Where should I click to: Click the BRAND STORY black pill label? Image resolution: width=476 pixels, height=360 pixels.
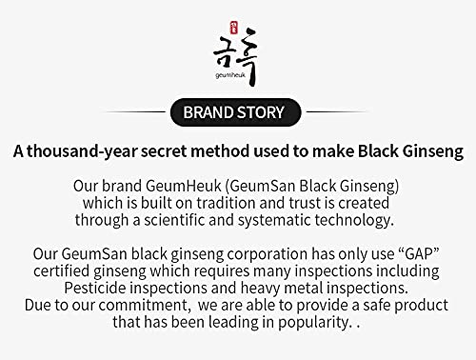click(x=233, y=112)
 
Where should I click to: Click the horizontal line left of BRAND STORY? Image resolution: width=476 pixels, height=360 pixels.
click(x=132, y=112)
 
